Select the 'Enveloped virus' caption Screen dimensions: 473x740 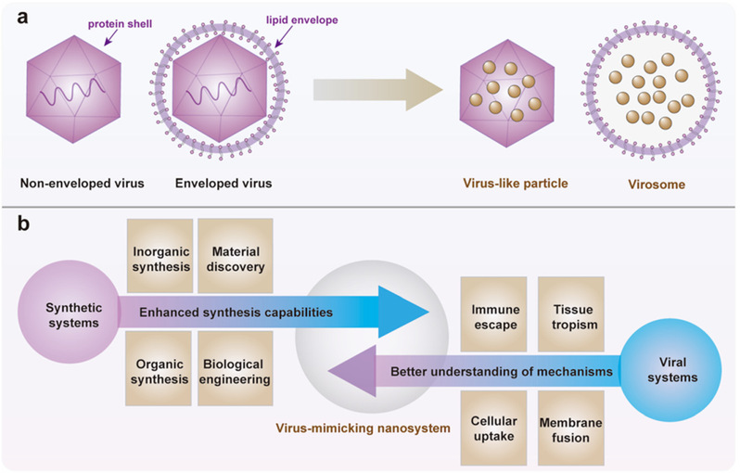(223, 183)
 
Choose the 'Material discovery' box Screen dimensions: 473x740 (233, 257)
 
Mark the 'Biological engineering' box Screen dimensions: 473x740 (233, 370)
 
